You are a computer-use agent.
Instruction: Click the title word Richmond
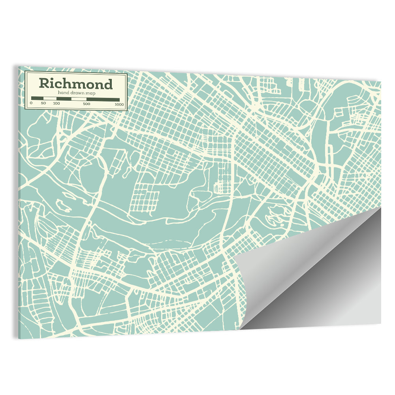tap(75, 84)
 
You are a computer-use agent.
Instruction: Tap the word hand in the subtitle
tap(63, 92)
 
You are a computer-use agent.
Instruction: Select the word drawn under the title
tap(76, 92)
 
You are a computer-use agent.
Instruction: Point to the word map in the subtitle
tap(89, 92)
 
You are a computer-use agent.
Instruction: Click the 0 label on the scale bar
tap(31, 103)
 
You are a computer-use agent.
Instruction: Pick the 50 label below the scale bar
tap(43, 103)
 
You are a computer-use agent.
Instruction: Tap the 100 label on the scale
tap(56, 103)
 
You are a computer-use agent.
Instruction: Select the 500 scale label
tap(87, 104)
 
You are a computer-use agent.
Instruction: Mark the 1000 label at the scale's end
tap(119, 104)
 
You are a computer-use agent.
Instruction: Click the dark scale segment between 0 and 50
tap(37, 98)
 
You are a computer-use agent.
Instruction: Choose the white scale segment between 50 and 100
tap(49, 98)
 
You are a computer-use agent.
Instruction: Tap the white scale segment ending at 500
tap(79, 99)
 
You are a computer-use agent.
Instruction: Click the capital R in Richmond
tap(44, 84)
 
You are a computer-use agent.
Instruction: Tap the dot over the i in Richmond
tap(53, 79)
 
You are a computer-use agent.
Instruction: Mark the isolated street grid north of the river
tap(144, 197)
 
